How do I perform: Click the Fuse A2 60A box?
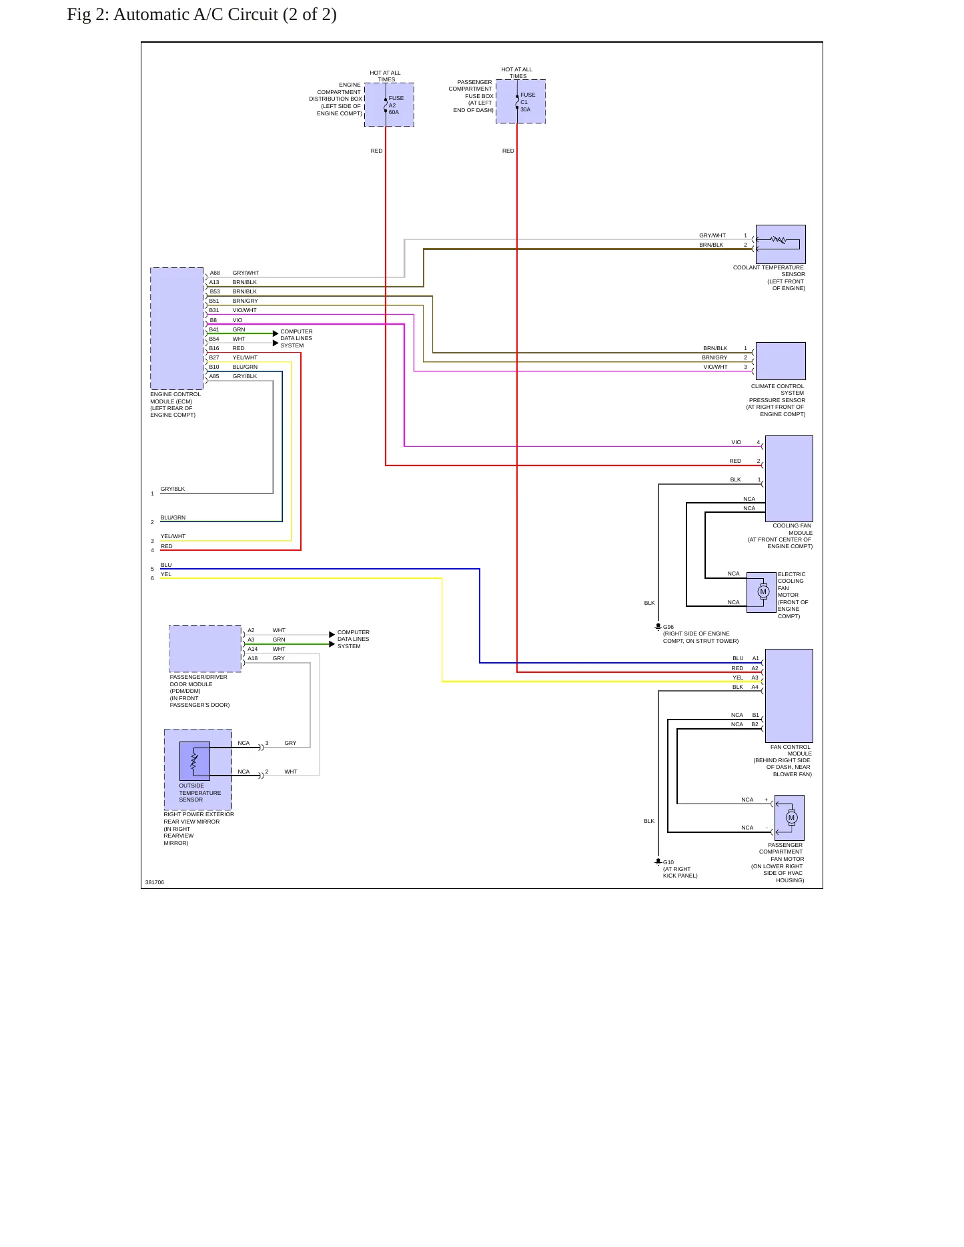tap(389, 105)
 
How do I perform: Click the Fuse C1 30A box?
tap(520, 101)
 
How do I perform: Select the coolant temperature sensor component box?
tap(781, 244)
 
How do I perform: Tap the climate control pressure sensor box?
tap(781, 361)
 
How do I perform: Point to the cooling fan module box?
tap(789, 478)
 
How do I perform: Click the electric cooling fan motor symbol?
tap(763, 591)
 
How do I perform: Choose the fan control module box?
tap(789, 696)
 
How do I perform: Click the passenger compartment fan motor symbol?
tap(792, 818)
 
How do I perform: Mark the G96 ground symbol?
tap(658, 627)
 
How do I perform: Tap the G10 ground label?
tap(668, 862)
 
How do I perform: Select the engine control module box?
tap(177, 329)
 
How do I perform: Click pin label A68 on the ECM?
tap(215, 273)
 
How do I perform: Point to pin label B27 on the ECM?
tap(214, 357)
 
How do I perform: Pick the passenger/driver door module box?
tap(205, 649)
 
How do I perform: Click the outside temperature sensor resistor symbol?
tap(194, 761)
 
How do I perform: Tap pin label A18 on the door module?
tap(253, 658)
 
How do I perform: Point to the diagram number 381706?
tap(155, 882)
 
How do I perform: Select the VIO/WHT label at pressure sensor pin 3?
tap(715, 367)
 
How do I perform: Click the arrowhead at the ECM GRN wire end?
tap(276, 333)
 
